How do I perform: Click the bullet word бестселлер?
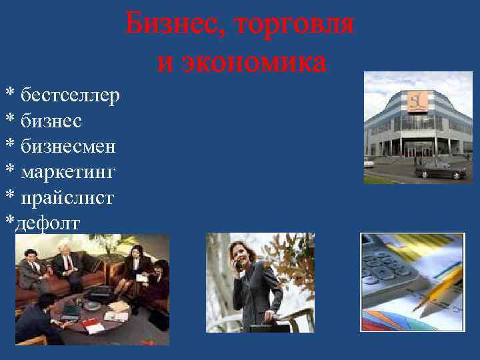[x=70, y=96]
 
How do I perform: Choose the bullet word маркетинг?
[x=68, y=172]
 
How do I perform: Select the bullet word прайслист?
[x=67, y=197]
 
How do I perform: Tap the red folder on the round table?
[x=94, y=327]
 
